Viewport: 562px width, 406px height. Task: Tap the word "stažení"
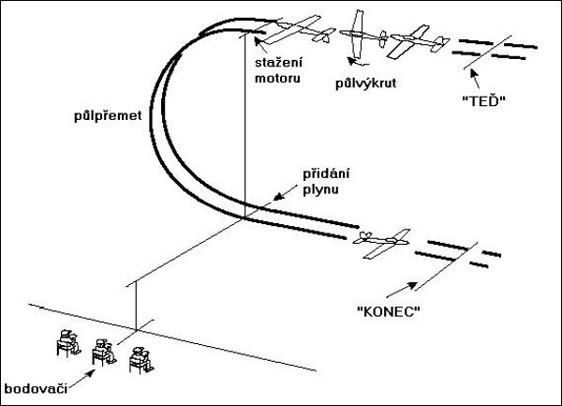277,64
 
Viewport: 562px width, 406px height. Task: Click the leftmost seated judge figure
66,344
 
